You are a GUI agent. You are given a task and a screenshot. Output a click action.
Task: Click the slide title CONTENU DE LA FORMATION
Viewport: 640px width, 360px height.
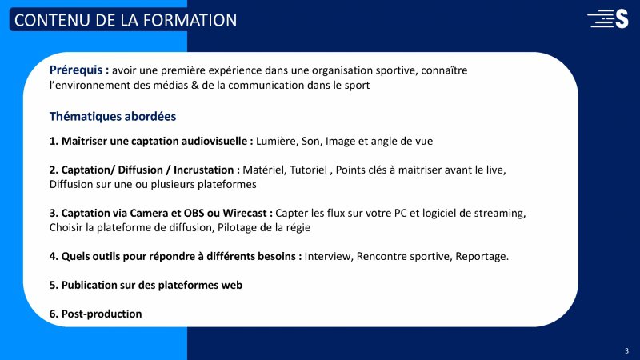click(126, 20)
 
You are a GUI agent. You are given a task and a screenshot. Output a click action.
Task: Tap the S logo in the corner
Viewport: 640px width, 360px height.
click(608, 18)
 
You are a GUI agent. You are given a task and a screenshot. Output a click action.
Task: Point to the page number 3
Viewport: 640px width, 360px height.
click(626, 350)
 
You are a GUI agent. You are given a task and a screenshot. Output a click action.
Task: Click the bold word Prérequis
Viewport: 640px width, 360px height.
click(76, 70)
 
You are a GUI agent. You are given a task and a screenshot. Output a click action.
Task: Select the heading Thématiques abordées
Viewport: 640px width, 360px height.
click(113, 116)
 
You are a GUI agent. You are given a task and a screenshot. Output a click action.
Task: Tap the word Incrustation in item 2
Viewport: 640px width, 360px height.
click(204, 170)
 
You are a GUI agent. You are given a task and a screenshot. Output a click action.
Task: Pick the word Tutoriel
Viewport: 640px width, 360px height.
click(308, 170)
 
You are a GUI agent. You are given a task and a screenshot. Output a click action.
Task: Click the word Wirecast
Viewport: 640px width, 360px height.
click(245, 213)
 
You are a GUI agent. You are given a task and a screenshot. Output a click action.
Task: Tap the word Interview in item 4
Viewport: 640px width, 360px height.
click(329, 256)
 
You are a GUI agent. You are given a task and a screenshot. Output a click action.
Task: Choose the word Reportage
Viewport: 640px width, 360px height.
click(482, 257)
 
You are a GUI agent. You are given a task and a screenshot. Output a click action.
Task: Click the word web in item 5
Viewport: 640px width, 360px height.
click(232, 285)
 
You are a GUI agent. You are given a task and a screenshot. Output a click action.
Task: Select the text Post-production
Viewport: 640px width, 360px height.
click(102, 314)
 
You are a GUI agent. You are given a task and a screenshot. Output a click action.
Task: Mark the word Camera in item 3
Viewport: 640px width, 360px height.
click(149, 213)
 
